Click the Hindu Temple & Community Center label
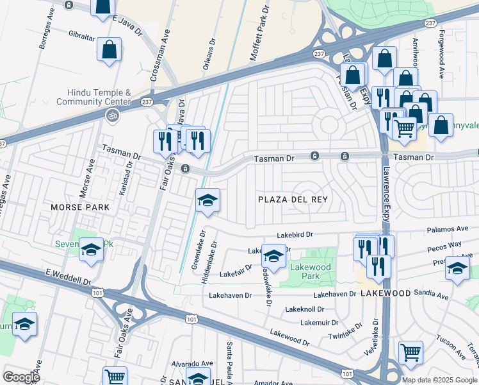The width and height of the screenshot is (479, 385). point(93,97)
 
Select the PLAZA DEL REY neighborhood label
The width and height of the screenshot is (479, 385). point(293,200)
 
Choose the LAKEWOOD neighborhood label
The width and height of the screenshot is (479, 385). point(386,293)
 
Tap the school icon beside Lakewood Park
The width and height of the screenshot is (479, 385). point(274,257)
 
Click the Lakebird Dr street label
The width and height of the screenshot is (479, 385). point(295,235)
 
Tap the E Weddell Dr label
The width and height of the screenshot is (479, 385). point(67,278)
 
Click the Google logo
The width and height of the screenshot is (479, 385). point(21,377)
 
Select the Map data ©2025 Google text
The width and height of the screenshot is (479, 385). point(439,380)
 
